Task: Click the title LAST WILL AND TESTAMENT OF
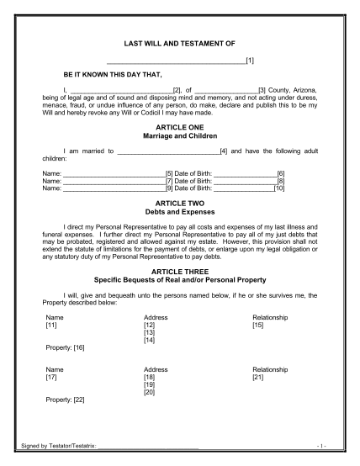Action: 180,42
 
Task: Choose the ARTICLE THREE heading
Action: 180,272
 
